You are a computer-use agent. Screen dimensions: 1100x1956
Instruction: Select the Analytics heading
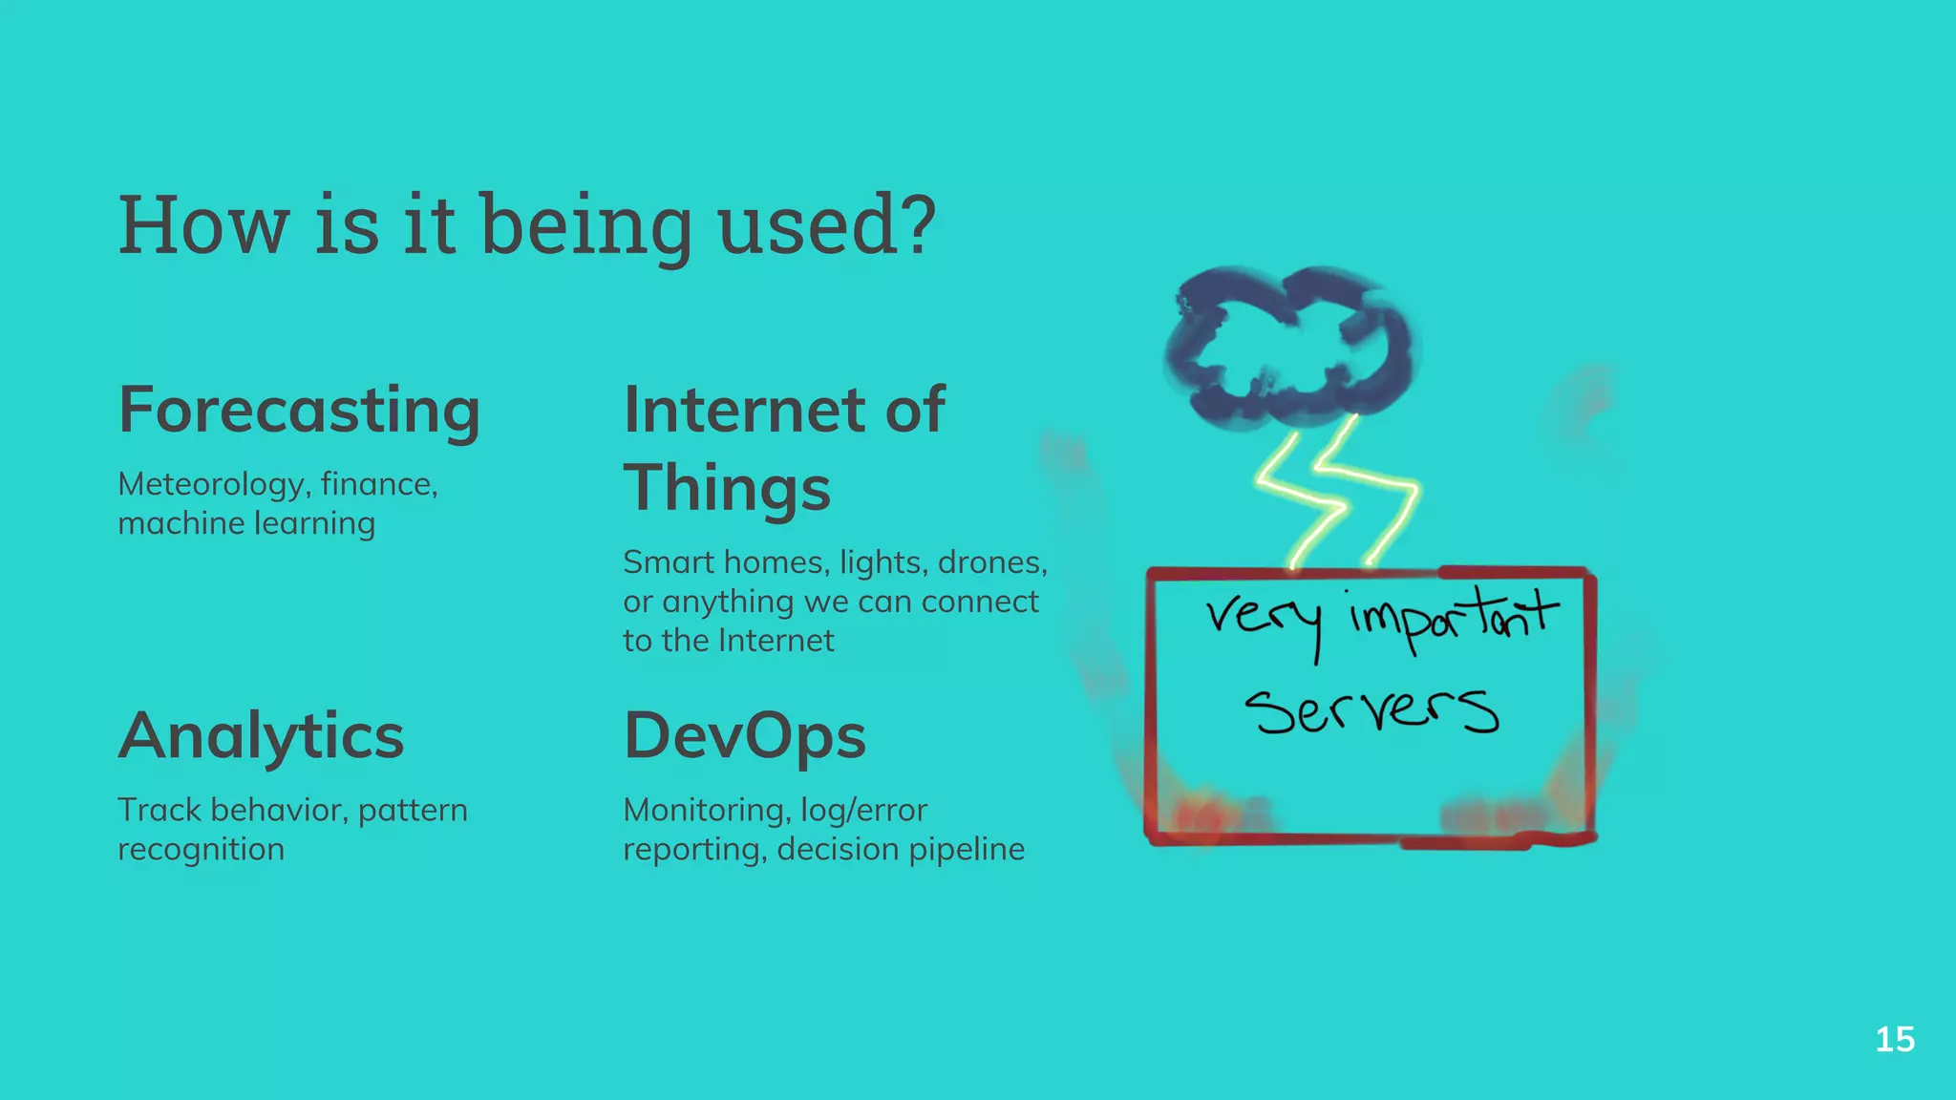[261, 736]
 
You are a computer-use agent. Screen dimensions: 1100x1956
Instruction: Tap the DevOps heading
[744, 736]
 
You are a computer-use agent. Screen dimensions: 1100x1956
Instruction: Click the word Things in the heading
[727, 488]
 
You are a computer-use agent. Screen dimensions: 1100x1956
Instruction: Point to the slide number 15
[1895, 1039]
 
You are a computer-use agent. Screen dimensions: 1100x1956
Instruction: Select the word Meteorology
[210, 485]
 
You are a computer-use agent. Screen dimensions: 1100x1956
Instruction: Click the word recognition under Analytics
[201, 849]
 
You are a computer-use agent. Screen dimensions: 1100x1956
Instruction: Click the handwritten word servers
[1371, 711]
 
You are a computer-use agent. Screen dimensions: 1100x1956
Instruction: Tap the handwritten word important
[1452, 616]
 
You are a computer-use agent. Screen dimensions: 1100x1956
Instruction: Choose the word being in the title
[585, 226]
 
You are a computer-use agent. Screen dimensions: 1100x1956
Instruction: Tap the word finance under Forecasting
[378, 485]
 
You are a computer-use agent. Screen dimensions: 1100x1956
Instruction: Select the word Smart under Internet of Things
[668, 562]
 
